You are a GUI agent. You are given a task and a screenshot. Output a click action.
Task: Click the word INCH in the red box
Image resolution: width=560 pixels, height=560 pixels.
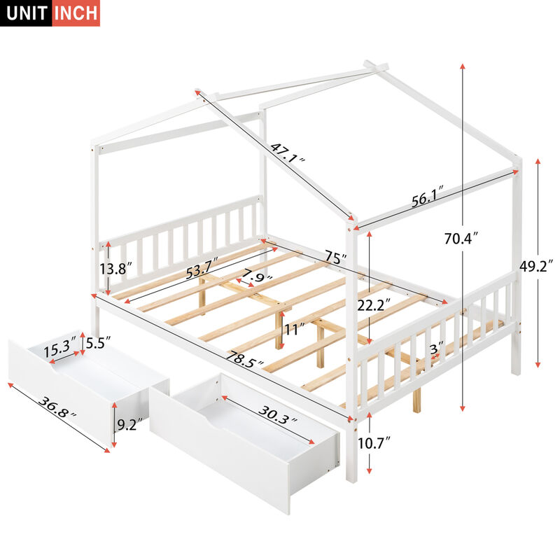tap(76, 13)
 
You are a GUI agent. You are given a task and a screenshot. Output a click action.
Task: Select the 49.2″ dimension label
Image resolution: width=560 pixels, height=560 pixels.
tap(538, 266)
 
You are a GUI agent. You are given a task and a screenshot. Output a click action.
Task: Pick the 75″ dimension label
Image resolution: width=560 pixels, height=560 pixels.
tap(335, 258)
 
